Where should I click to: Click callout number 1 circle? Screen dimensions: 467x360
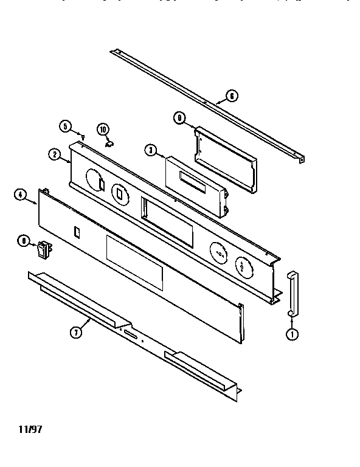(292, 333)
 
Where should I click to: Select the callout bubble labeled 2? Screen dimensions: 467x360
(55, 154)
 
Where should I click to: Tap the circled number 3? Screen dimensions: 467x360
(151, 150)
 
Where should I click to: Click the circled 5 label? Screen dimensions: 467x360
(66, 126)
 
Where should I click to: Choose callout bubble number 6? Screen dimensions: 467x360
(231, 95)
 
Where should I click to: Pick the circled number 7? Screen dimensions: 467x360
(75, 332)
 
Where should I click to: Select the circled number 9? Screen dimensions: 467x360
(179, 119)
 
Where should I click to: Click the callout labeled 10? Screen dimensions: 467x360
(103, 129)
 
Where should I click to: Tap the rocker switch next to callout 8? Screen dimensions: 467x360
(43, 248)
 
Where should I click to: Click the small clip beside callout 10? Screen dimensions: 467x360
(110, 144)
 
